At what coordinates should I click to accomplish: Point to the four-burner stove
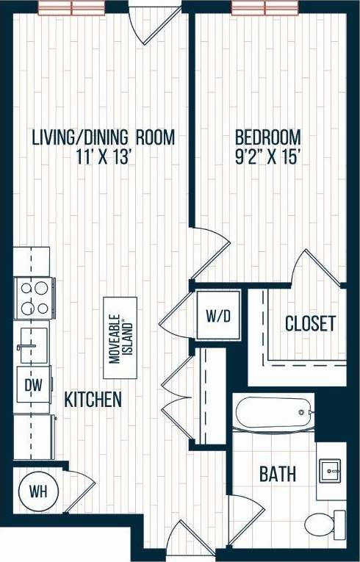[33, 298]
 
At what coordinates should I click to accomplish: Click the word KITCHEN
[93, 400]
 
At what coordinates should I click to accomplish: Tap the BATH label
[278, 474]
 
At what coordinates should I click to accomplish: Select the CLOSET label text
[310, 323]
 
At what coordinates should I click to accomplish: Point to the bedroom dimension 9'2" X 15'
[267, 156]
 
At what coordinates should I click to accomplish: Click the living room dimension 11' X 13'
[102, 156]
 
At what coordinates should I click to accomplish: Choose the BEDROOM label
[267, 137]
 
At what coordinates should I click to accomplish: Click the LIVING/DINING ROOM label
[102, 137]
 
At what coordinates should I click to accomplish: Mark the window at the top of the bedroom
[265, 8]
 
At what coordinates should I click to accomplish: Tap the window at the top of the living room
[72, 8]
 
